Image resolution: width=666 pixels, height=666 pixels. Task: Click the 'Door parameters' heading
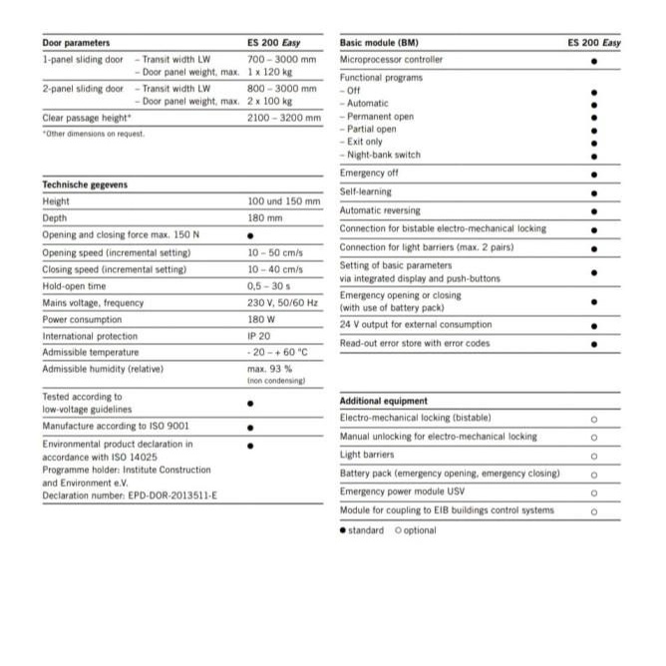pyautogui.click(x=76, y=43)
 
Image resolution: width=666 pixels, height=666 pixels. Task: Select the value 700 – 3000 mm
pyautogui.click(x=282, y=60)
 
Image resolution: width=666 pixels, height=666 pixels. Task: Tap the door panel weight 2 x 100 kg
pyautogui.click(x=270, y=101)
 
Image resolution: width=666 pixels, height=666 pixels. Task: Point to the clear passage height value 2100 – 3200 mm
pyautogui.click(x=284, y=118)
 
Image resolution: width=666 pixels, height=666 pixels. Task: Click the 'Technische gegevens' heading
pyautogui.click(x=85, y=184)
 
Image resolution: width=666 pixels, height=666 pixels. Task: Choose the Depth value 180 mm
pyautogui.click(x=264, y=217)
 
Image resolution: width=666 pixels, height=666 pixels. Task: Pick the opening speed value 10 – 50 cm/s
pyautogui.click(x=274, y=252)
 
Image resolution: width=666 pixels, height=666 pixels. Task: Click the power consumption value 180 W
pyautogui.click(x=263, y=320)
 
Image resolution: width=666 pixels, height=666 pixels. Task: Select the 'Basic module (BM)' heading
pyautogui.click(x=380, y=43)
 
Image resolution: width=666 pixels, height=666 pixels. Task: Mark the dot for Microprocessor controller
pyautogui.click(x=593, y=61)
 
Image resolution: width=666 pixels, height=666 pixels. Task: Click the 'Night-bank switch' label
pyautogui.click(x=383, y=155)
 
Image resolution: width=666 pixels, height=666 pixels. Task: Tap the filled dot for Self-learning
pyautogui.click(x=593, y=192)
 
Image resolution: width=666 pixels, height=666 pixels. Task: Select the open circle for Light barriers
pyautogui.click(x=593, y=455)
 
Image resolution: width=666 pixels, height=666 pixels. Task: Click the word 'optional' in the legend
pyautogui.click(x=419, y=530)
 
